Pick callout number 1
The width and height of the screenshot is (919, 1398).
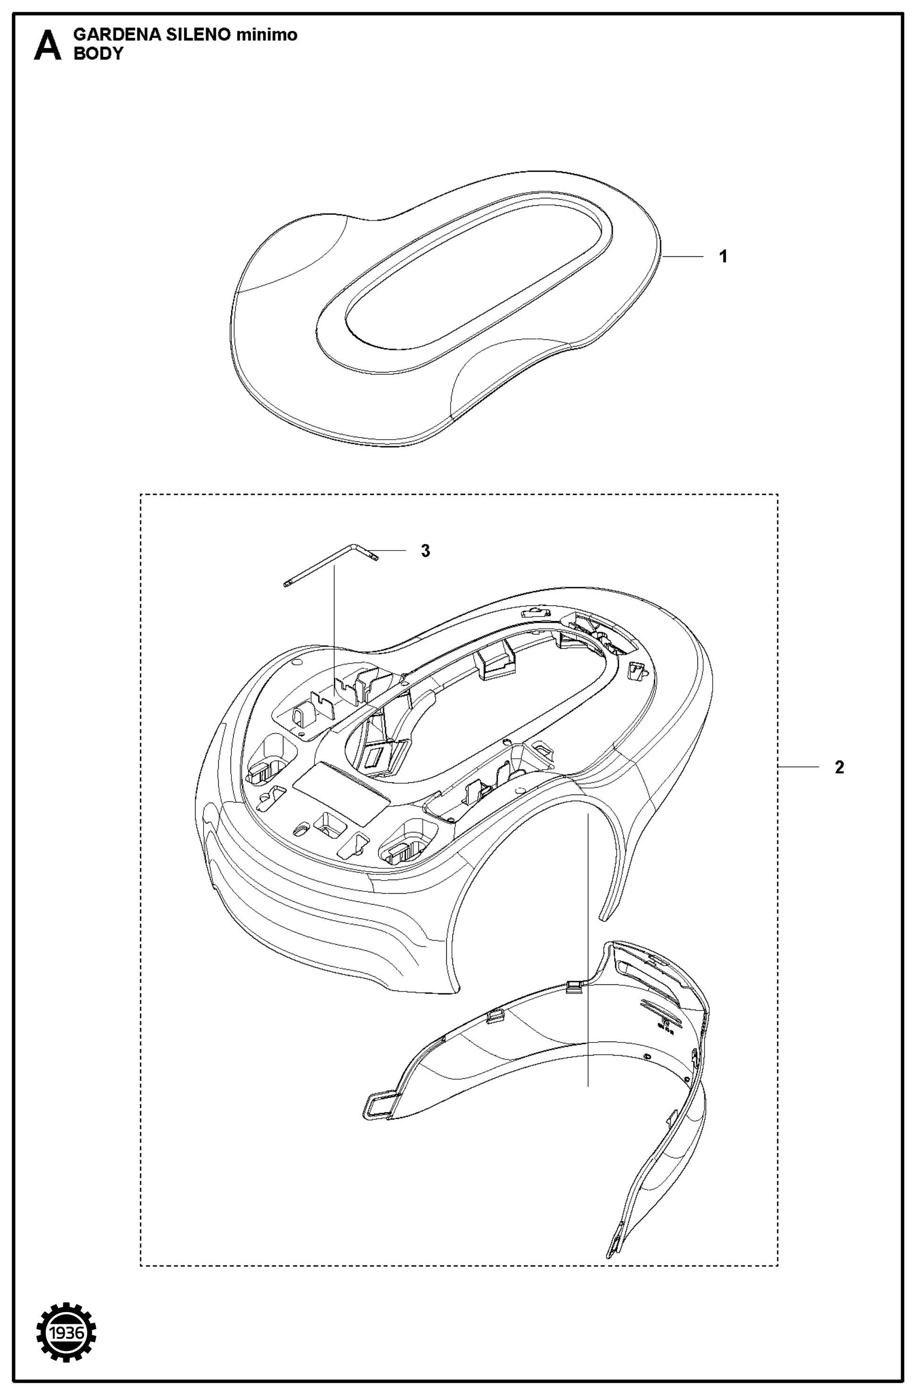[723, 257]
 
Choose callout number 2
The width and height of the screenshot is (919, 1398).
[839, 767]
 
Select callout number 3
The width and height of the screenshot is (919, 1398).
[425, 551]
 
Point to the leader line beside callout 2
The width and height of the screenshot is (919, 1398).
[799, 767]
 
